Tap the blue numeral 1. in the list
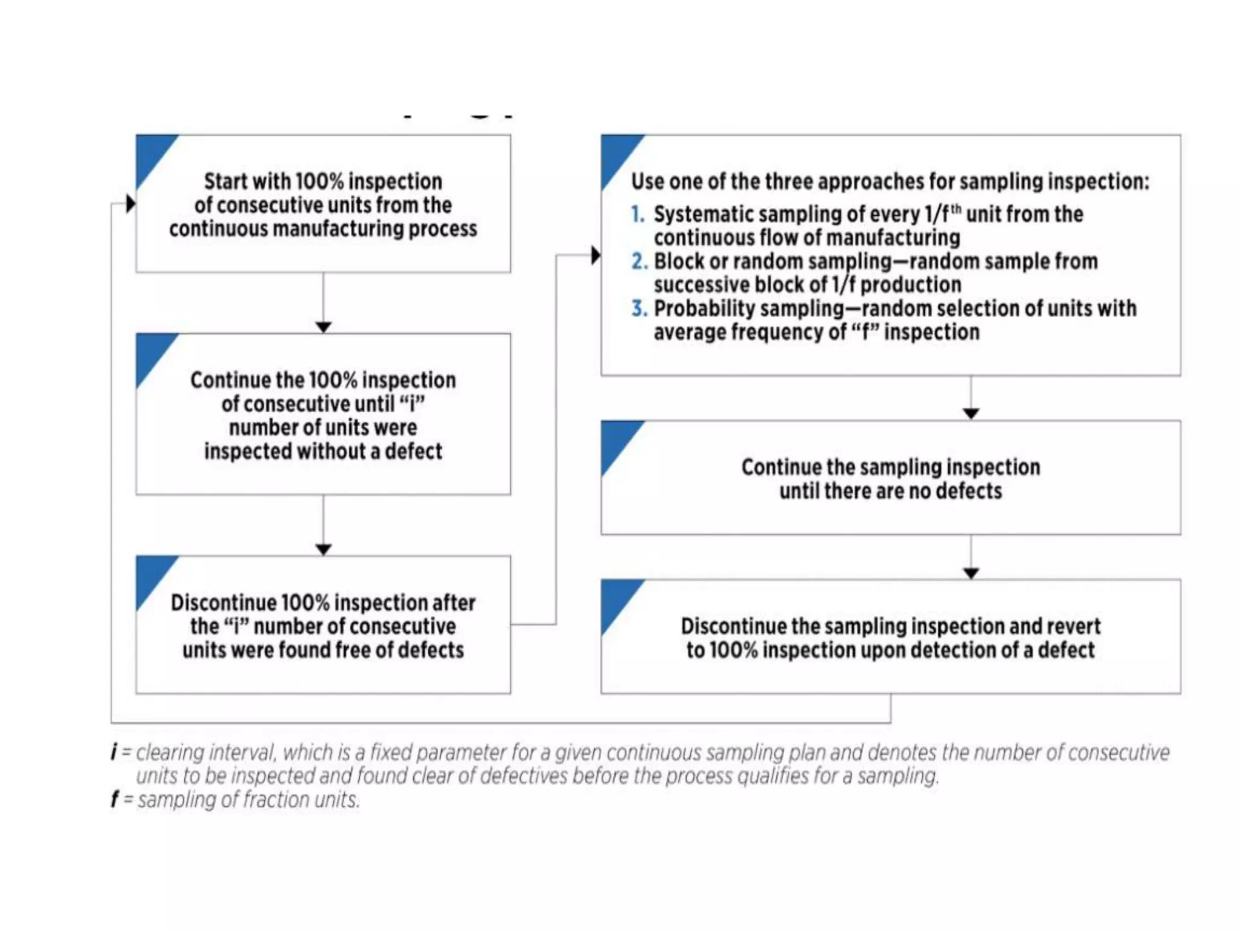(x=637, y=215)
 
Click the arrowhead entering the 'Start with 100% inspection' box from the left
(x=130, y=204)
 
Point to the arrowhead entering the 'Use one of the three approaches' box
(x=596, y=255)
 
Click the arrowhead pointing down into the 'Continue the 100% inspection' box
(x=323, y=327)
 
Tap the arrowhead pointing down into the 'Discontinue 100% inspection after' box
(x=323, y=550)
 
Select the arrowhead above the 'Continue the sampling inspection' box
(x=971, y=414)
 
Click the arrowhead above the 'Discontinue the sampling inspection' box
(x=971, y=573)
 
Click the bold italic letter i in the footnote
(x=114, y=753)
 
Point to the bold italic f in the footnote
(x=115, y=800)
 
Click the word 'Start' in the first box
(x=225, y=182)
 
